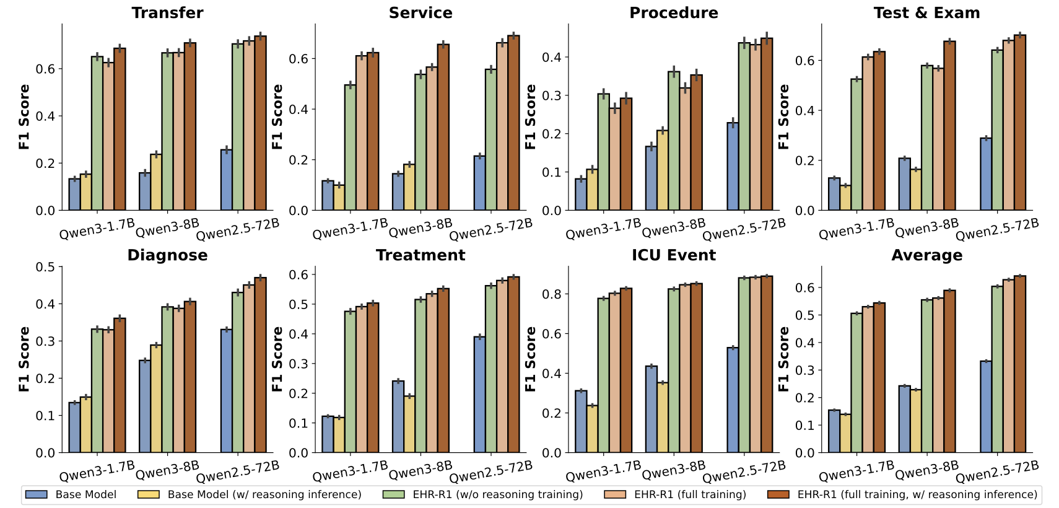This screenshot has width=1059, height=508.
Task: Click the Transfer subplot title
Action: click(x=167, y=13)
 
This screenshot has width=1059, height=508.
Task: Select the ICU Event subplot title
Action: click(x=673, y=255)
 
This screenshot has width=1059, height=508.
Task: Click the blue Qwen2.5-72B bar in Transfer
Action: click(x=226, y=180)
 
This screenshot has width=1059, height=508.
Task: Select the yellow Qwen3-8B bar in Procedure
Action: click(x=662, y=170)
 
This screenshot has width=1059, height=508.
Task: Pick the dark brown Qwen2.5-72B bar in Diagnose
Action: click(x=260, y=365)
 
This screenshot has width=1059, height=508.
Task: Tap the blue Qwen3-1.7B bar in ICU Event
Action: click(x=581, y=421)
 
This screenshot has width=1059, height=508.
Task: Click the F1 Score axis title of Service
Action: click(x=277, y=116)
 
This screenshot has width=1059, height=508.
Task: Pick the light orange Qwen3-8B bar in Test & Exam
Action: click(x=938, y=139)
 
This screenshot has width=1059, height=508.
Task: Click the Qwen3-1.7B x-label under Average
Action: click(x=856, y=471)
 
